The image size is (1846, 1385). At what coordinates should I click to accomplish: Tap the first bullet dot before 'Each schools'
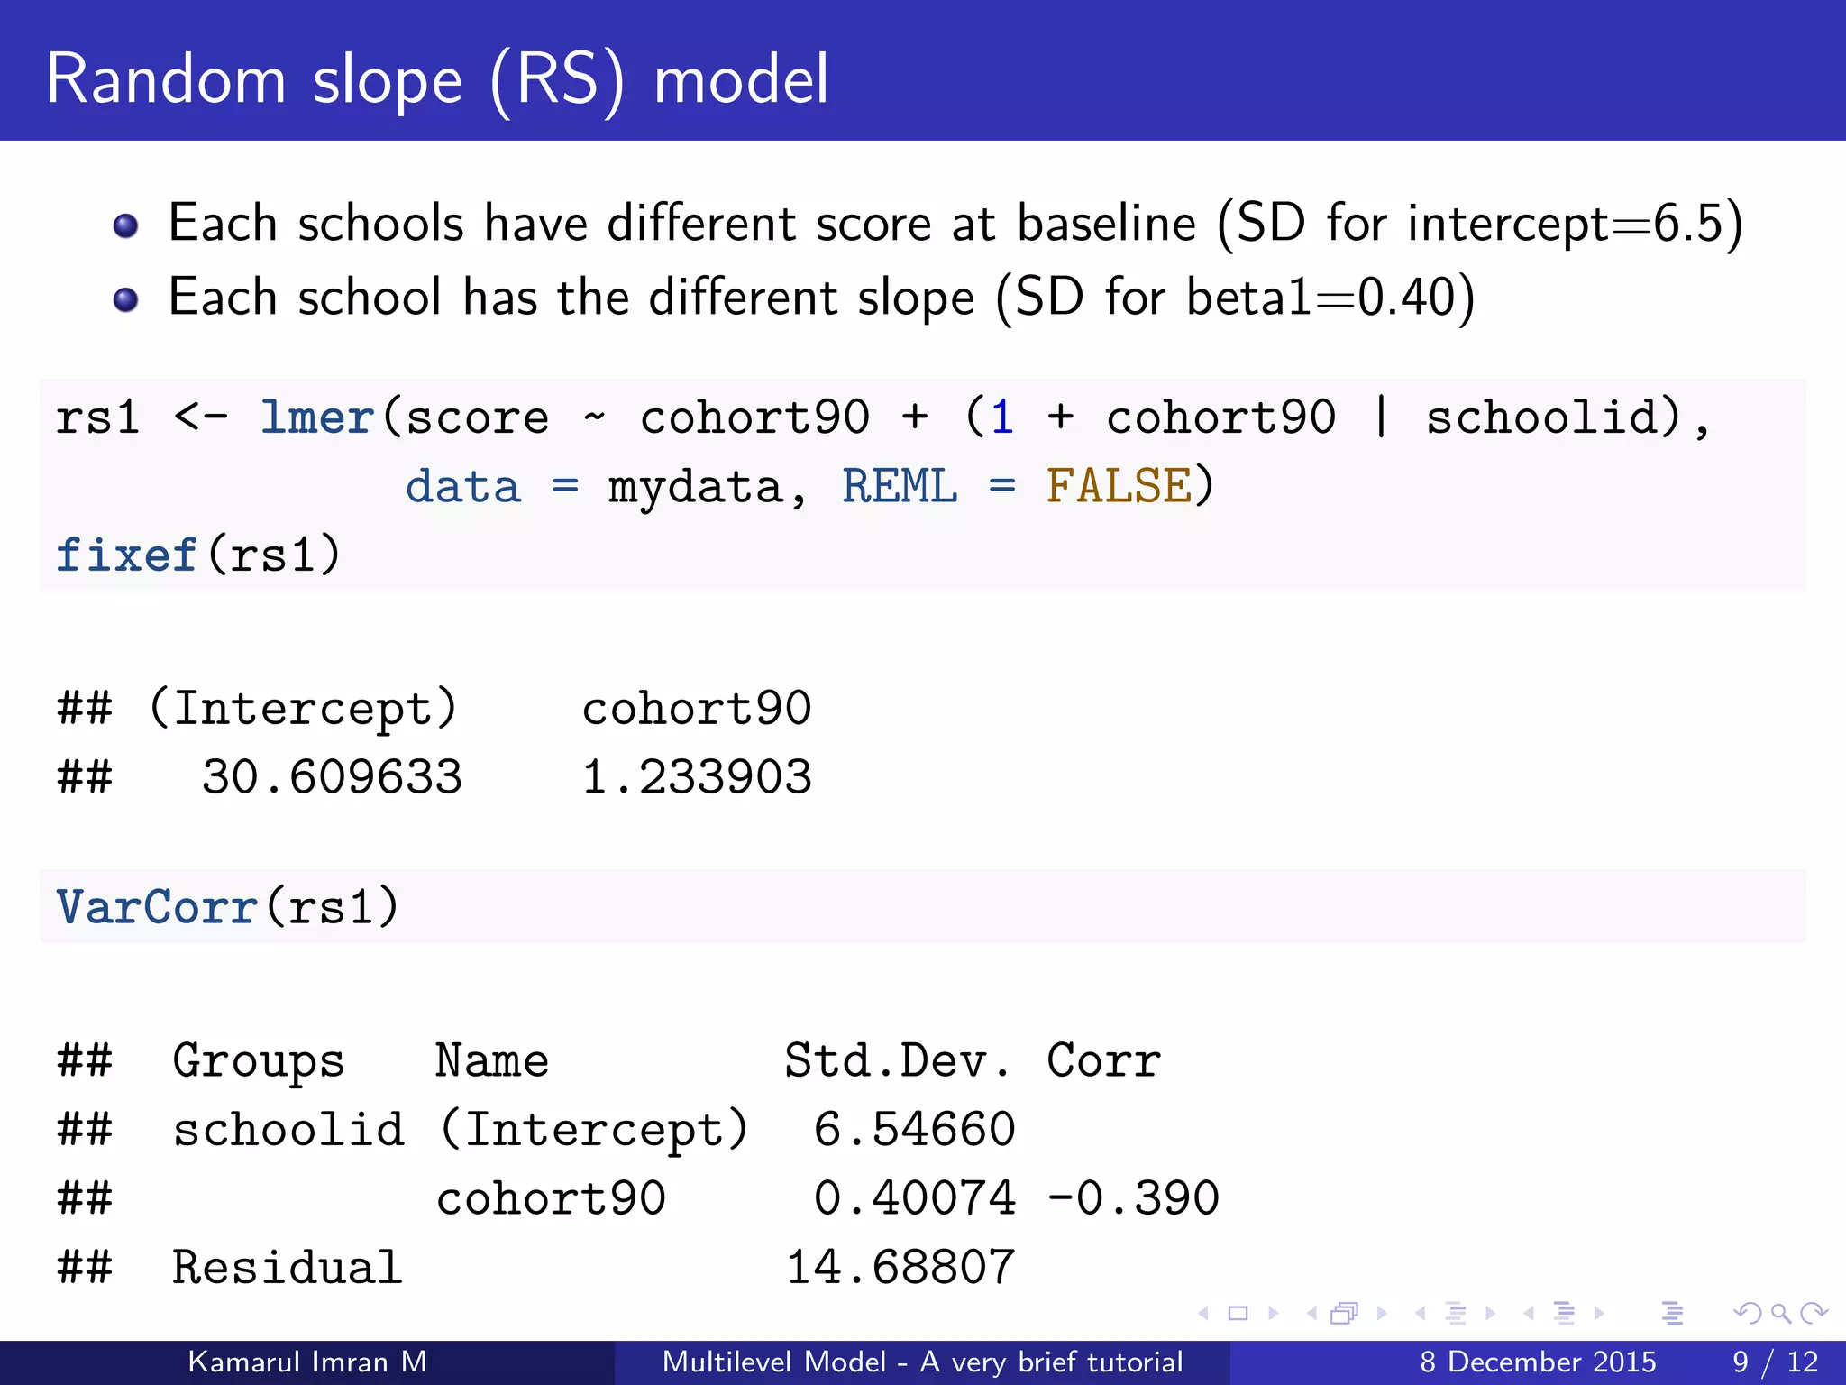tap(126, 225)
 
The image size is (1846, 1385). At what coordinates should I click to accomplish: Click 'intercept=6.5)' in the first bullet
tap(1575, 224)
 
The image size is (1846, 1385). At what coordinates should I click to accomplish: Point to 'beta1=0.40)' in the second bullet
tap(1330, 298)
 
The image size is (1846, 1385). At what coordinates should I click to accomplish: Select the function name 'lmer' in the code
tap(317, 418)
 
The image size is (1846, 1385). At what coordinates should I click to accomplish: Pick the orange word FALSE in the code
tap(1119, 487)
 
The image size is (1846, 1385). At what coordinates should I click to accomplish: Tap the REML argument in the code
tap(899, 487)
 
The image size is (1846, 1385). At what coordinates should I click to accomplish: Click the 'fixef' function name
tap(126, 555)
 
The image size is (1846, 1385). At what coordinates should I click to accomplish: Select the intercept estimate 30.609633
tap(332, 777)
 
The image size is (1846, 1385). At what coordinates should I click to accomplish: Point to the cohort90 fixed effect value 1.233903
tap(697, 777)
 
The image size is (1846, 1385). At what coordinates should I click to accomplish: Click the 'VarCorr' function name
tap(157, 907)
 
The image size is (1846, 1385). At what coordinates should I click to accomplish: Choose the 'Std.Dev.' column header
tap(897, 1061)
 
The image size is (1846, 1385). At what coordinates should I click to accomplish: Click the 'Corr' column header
tap(1103, 1061)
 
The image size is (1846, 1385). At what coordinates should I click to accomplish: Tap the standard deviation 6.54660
tap(914, 1130)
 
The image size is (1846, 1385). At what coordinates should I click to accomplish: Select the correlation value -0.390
tap(1133, 1199)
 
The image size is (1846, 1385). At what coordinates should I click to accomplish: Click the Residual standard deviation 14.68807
tap(900, 1268)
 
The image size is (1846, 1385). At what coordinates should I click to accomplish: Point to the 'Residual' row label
tap(287, 1268)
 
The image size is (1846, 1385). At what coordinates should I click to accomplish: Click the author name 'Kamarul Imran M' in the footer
tap(307, 1362)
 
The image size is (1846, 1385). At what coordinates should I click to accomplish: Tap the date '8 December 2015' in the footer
tap(1538, 1362)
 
